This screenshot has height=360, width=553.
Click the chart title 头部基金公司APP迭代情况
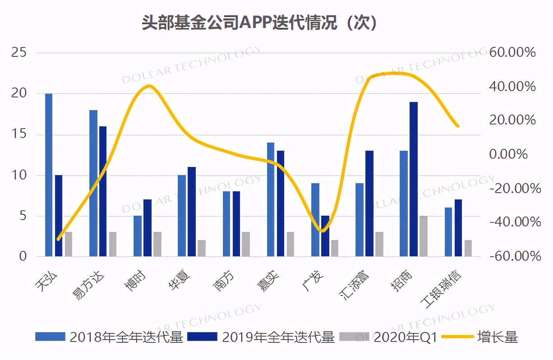pos(259,23)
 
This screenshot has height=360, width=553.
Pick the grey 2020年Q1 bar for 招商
pos(424,236)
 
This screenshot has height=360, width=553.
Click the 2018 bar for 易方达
pos(93,183)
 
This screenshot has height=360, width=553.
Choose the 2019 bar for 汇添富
pos(369,203)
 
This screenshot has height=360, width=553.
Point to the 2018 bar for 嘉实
pos(271,199)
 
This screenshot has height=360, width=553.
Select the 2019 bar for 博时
pos(147,228)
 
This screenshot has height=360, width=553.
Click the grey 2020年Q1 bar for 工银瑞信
pos(468,248)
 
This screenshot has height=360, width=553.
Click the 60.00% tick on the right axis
pos(512,53)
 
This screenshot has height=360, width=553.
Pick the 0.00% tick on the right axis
pos(508,154)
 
